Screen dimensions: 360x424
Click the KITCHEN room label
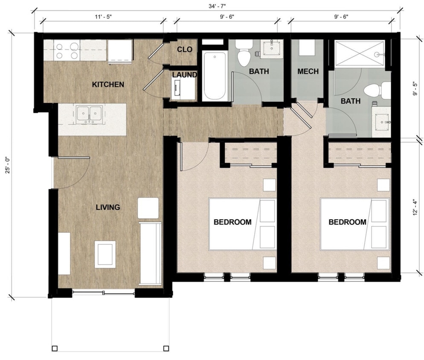coord(108,84)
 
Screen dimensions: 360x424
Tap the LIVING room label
coord(107,207)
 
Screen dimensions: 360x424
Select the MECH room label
coord(308,71)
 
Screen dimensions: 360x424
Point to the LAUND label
coord(184,75)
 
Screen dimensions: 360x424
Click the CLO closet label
coord(185,49)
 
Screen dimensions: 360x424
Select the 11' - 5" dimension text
coord(103,17)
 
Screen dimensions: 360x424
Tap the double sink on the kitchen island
coord(89,114)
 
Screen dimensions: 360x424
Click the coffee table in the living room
coord(105,253)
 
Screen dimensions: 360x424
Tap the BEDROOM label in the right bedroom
coord(347,222)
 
